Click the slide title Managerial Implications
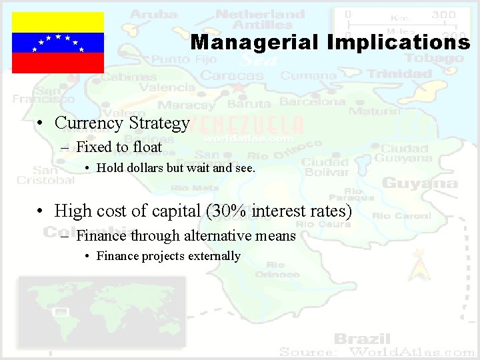(330, 43)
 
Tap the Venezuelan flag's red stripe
(58, 63)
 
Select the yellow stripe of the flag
(58, 22)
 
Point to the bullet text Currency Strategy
(122, 123)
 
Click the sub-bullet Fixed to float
(119, 147)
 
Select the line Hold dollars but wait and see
(175, 168)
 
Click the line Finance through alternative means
(185, 235)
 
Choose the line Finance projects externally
(168, 255)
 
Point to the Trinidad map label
(401, 74)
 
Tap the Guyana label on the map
(419, 183)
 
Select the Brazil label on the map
(361, 338)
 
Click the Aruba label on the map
(154, 13)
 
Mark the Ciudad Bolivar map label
(325, 167)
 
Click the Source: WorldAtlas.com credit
(377, 351)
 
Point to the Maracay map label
(186, 105)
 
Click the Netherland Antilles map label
(260, 19)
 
